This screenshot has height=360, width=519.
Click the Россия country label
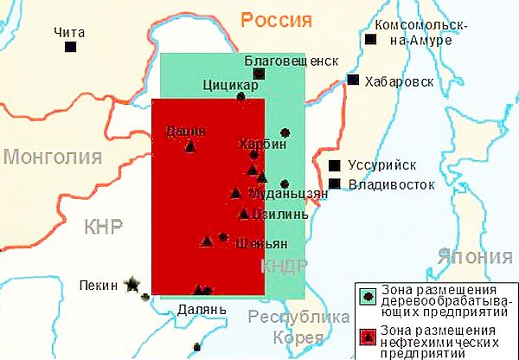coord(276,20)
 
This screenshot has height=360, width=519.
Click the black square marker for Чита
coord(70,46)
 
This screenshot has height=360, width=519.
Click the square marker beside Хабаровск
coord(353,80)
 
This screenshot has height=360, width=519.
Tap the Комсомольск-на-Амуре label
coord(423,34)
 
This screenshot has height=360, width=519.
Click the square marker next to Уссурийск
coord(334,165)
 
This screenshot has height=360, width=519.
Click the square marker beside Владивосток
coord(334,183)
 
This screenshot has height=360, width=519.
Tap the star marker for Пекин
coord(131,283)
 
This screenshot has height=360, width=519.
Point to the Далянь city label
coord(202,308)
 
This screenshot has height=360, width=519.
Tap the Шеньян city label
coord(261,243)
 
